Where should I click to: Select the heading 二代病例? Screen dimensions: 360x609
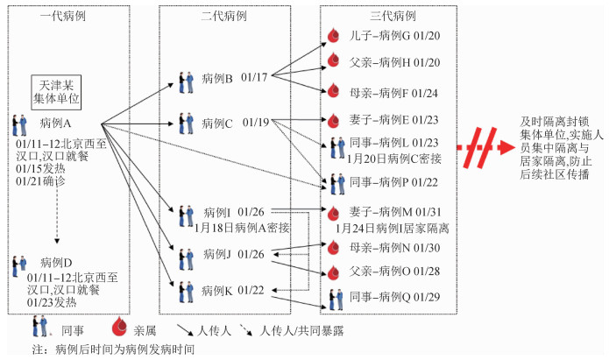tap(200, 17)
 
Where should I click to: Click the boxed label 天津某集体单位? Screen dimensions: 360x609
tap(56, 91)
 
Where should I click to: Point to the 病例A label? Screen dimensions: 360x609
tap(56, 123)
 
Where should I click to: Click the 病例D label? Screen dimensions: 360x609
tap(56, 261)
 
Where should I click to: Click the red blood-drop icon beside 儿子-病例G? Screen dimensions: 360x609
tap(333, 36)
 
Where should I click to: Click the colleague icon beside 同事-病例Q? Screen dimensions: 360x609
tap(333, 299)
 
